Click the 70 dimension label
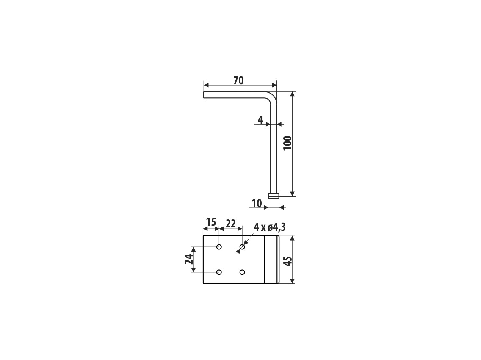pos(238,80)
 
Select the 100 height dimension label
pos(287,143)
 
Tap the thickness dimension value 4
pos(260,120)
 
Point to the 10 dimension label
pos(257,203)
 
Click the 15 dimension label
pos(211,222)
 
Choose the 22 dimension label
pos(231,224)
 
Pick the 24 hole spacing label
pos(189,259)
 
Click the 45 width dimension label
pos(287,261)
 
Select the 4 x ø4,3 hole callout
pos(270,227)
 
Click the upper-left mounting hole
pos(219,247)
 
